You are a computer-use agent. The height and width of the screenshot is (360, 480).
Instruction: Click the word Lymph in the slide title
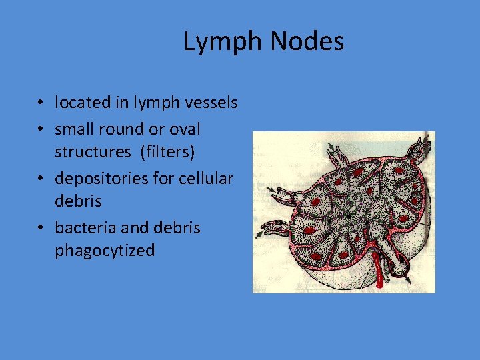point(224,42)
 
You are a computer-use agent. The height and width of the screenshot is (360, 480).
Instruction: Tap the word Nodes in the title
point(308,42)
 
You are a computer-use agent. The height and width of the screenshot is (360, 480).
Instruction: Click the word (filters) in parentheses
point(167,152)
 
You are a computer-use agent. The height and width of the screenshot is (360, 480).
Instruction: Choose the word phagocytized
point(105,251)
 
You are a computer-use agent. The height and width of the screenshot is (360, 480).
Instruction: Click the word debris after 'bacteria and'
point(177,227)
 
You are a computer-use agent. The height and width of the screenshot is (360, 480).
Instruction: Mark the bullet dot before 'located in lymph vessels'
point(41,103)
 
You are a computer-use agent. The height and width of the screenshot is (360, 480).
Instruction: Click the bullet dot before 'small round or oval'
point(41,128)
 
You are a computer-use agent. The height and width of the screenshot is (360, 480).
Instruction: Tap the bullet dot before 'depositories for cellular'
point(41,179)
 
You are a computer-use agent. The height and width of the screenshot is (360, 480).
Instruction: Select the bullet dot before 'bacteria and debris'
point(41,228)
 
